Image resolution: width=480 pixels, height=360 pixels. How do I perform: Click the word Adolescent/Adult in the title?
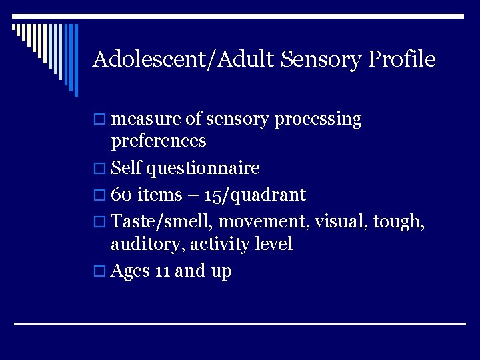click(x=184, y=59)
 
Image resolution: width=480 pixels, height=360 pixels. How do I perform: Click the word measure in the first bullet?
click(x=147, y=120)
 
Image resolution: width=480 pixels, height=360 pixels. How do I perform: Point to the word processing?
click(x=317, y=120)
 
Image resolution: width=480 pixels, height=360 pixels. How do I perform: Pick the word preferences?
click(x=159, y=141)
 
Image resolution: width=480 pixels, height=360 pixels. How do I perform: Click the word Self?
click(x=126, y=168)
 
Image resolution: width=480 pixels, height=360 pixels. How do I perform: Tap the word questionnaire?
click(x=203, y=168)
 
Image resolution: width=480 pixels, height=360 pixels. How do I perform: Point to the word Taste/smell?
click(x=162, y=220)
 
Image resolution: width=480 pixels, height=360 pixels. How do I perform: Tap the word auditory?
click(x=147, y=245)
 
